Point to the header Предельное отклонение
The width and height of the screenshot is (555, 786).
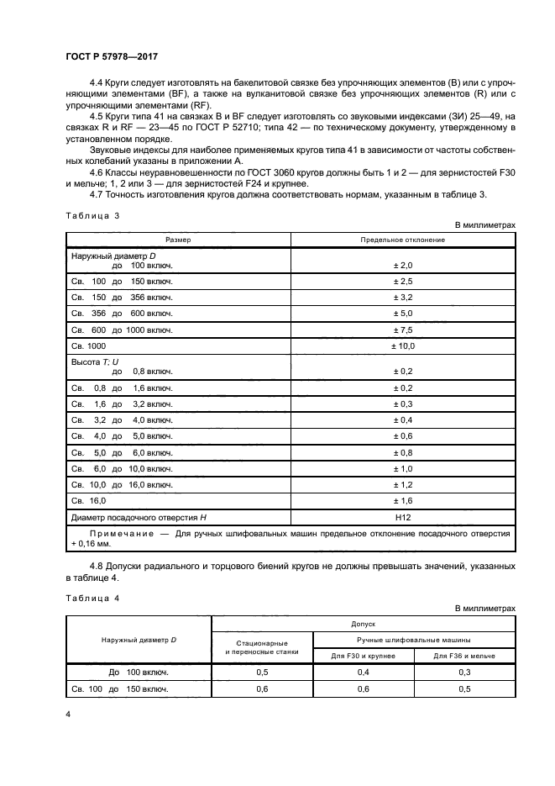tap(403, 240)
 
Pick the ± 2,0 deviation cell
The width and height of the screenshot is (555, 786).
tap(403, 265)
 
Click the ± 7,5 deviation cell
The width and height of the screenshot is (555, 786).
tap(403, 330)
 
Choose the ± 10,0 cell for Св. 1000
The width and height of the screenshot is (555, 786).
tap(403, 346)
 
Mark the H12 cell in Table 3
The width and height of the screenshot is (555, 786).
tap(403, 519)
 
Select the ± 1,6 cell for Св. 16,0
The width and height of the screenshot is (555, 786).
tap(403, 502)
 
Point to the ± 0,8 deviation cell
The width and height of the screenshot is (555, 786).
tap(403, 453)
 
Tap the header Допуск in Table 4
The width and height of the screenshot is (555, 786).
tap(364, 625)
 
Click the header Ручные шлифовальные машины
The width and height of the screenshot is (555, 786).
tap(415, 640)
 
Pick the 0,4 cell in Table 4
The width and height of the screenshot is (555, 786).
tap(364, 673)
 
